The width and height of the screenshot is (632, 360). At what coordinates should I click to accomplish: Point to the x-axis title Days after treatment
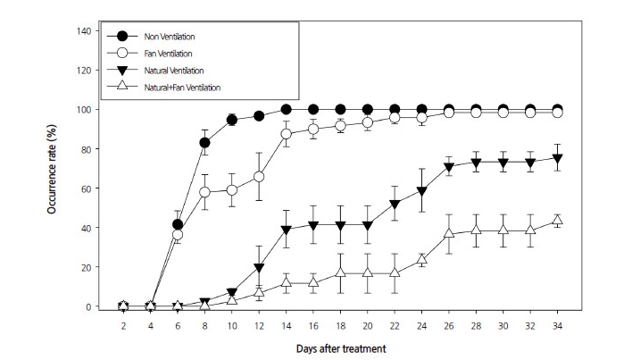point(342,348)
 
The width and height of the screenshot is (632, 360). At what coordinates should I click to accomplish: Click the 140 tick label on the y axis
point(85,31)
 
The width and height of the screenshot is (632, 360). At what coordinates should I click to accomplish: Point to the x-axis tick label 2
point(124,326)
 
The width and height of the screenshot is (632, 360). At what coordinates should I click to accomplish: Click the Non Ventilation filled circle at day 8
point(205,143)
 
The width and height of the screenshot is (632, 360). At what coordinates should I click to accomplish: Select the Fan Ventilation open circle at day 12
point(259,177)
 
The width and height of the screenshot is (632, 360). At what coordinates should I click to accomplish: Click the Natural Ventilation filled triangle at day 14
point(287,230)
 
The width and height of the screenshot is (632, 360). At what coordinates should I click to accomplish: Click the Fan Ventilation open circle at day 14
point(287,134)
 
